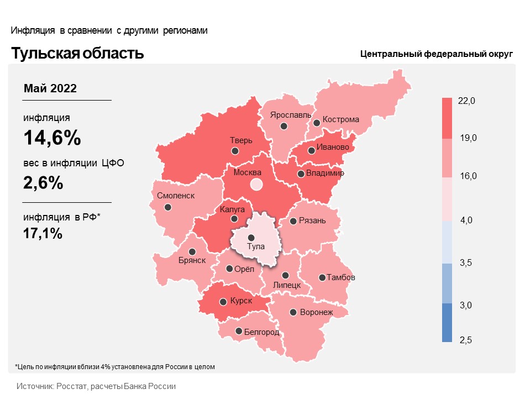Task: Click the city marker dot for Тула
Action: [x=251, y=237]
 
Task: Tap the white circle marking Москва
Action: [x=256, y=185]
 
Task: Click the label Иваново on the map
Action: [x=333, y=148]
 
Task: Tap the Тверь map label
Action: [x=241, y=140]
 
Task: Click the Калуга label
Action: [x=232, y=209]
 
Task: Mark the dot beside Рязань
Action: [x=293, y=222]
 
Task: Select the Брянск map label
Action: [x=192, y=260]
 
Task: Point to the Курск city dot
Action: [x=223, y=302]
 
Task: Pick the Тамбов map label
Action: [x=340, y=277]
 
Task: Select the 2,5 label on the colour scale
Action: [x=465, y=339]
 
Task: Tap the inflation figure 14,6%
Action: [x=52, y=138]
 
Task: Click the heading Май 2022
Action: [x=50, y=88]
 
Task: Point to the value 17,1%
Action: [x=43, y=233]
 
